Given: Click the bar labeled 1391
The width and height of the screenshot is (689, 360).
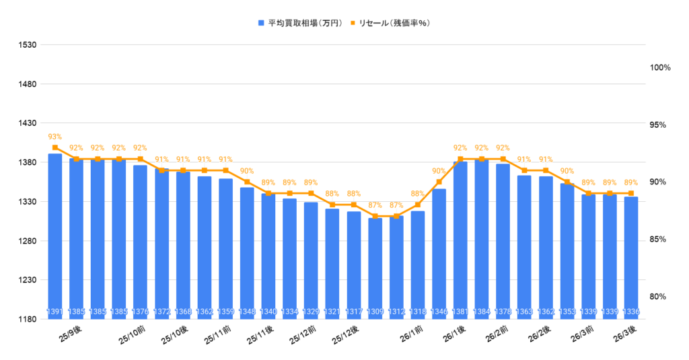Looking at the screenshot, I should click(55, 236).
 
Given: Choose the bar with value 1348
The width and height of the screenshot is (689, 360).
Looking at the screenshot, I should click(247, 253).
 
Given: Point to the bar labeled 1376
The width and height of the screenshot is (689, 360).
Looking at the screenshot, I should click(140, 242).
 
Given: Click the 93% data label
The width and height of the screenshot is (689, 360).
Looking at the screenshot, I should click(55, 137).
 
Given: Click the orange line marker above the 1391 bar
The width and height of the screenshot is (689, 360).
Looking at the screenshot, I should click(55, 147).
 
